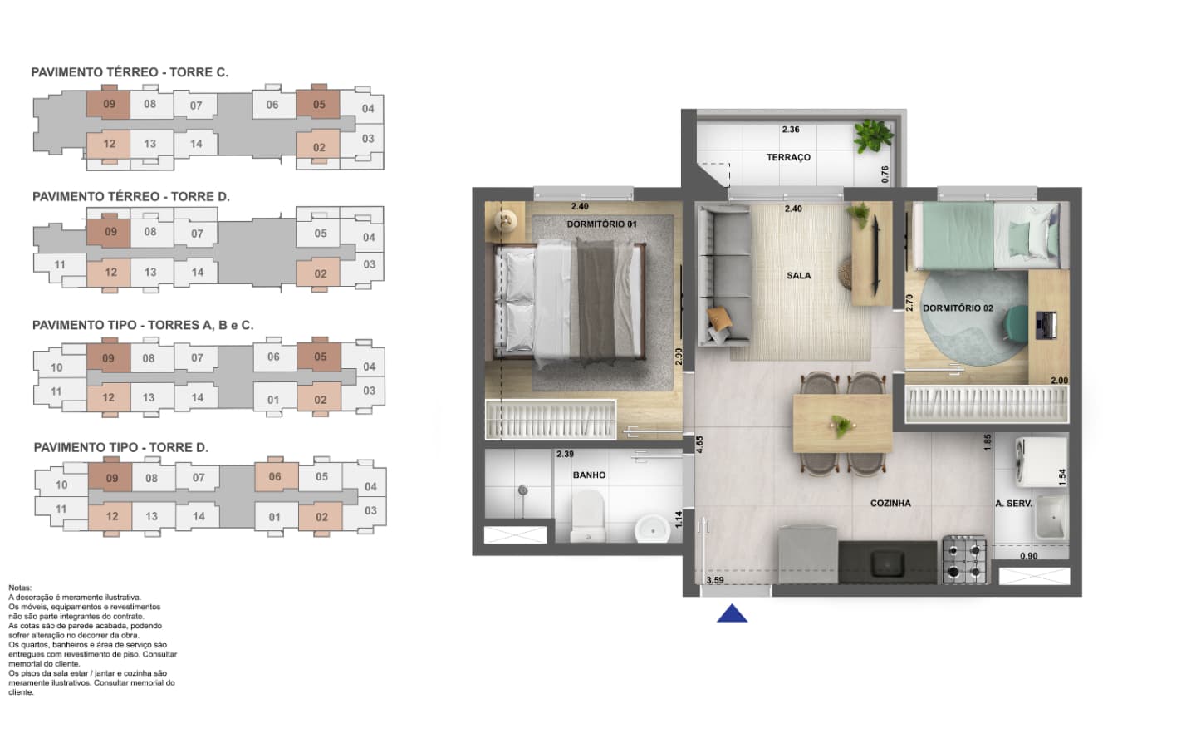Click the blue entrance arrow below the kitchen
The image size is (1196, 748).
pyautogui.click(x=732, y=614)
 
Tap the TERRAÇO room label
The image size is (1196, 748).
pyautogui.click(x=788, y=157)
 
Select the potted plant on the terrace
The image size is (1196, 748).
pyautogui.click(x=872, y=135)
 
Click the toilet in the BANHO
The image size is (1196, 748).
pyautogui.click(x=588, y=516)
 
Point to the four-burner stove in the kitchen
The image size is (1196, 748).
pyautogui.click(x=963, y=559)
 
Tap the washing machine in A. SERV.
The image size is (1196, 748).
pyautogui.click(x=1042, y=462)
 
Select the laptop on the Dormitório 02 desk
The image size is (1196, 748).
pyautogui.click(x=1046, y=326)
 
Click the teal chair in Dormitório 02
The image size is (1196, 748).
pyautogui.click(x=1016, y=322)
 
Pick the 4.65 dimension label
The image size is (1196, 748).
pyautogui.click(x=699, y=445)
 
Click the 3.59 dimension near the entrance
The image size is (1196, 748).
pyautogui.click(x=715, y=580)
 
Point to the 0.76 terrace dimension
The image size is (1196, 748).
pyautogui.click(x=885, y=175)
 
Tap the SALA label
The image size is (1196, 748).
pyautogui.click(x=798, y=276)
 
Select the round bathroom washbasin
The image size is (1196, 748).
pyautogui.click(x=652, y=529)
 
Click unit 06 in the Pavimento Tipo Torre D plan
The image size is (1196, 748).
pyautogui.click(x=276, y=476)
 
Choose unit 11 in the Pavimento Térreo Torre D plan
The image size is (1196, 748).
pyautogui.click(x=60, y=266)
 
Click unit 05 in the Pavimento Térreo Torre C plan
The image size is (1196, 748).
pyautogui.click(x=319, y=104)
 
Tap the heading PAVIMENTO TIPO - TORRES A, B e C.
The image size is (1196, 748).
pyautogui.click(x=143, y=326)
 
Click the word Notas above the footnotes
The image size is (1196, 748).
pyautogui.click(x=20, y=588)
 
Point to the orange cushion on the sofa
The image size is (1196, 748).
pyautogui.click(x=719, y=317)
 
